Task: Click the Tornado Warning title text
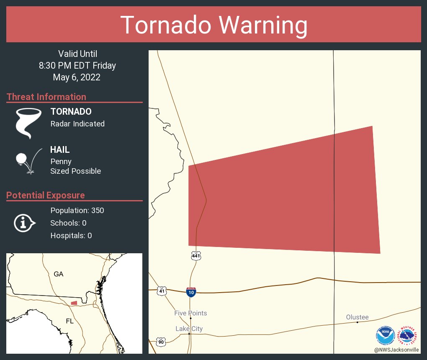[x=213, y=25]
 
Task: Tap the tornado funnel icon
[x=28, y=123]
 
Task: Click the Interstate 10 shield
[x=191, y=292]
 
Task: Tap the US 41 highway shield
[x=162, y=290]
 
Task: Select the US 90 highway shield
[x=161, y=342]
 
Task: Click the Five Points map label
[x=190, y=313]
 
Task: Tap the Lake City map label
[x=189, y=329]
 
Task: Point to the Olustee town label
[x=357, y=317]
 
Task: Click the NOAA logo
[x=385, y=335]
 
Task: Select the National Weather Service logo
[x=409, y=335]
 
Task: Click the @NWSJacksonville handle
[x=396, y=350]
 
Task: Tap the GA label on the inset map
[x=59, y=274]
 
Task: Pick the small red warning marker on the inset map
[x=74, y=303]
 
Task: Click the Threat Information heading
[x=46, y=97]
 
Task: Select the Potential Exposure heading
[x=46, y=195]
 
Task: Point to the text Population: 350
[x=77, y=210]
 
